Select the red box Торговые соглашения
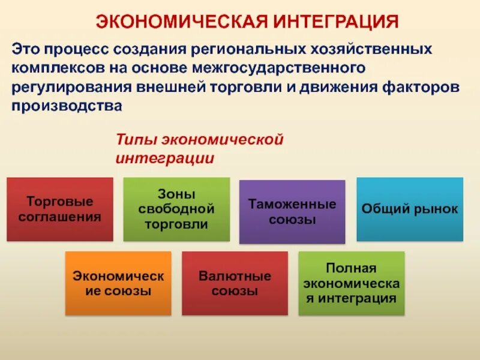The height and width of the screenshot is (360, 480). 59,209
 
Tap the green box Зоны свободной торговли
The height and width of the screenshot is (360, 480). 176,209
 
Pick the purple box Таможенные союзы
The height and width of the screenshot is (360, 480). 292,212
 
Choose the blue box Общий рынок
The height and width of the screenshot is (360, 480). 410,209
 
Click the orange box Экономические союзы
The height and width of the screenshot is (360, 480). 118,283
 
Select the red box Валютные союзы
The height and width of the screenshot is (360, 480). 235,283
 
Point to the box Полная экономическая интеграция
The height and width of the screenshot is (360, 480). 351,283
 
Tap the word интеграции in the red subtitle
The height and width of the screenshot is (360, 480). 164,158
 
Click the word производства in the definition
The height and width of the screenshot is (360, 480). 67,106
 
